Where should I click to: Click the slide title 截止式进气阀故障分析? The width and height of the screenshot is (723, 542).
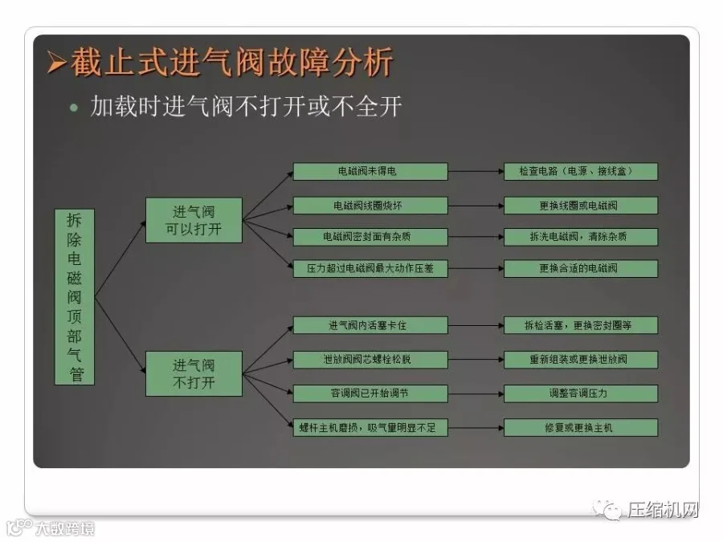point(232,63)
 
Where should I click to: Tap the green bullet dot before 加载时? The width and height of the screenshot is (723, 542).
point(75,108)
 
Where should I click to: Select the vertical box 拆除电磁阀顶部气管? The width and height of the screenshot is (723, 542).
point(75,297)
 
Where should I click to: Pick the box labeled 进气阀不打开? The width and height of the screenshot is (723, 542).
point(194,373)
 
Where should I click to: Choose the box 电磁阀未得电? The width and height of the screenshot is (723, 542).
point(370,172)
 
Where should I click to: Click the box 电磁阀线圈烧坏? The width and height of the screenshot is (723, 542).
point(370,206)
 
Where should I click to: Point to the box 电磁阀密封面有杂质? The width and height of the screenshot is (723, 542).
point(370,237)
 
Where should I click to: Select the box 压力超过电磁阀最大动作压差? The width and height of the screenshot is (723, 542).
point(370,269)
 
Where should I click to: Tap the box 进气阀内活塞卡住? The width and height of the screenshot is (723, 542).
point(370,325)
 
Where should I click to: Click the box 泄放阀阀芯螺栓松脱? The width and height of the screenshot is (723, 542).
point(370,360)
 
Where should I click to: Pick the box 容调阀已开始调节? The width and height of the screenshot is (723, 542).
point(370,393)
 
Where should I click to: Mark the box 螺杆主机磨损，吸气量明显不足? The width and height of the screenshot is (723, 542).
point(370,427)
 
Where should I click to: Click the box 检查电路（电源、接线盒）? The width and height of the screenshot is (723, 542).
point(581,172)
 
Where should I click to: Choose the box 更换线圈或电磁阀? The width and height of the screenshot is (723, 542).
point(581,206)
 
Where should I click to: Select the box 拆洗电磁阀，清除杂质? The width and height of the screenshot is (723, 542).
point(581,237)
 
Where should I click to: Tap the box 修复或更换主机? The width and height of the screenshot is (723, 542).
point(581,427)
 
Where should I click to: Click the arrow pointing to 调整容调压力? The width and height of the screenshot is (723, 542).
point(476,393)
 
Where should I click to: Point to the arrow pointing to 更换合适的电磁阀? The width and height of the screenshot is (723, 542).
point(476,269)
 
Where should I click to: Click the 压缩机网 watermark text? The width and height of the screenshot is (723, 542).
point(663,511)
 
